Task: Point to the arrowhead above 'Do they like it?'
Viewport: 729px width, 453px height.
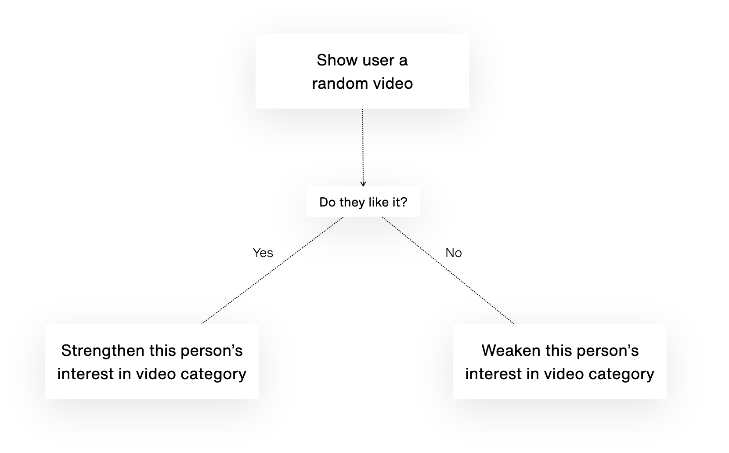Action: (x=363, y=184)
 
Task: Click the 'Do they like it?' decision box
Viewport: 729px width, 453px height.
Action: (x=363, y=202)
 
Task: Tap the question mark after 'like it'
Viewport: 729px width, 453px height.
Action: (x=404, y=202)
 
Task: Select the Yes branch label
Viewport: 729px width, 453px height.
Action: (x=263, y=253)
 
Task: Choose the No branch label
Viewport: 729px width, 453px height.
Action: (x=453, y=253)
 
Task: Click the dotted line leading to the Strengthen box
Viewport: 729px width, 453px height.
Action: (x=273, y=270)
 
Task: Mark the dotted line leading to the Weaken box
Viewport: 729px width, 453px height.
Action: (x=448, y=270)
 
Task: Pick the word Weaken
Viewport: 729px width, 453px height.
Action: (x=511, y=351)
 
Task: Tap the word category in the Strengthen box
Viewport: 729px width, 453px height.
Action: (x=213, y=374)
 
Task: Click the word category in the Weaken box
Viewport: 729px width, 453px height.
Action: (x=621, y=374)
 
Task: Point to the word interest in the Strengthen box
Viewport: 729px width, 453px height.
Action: (x=85, y=374)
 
